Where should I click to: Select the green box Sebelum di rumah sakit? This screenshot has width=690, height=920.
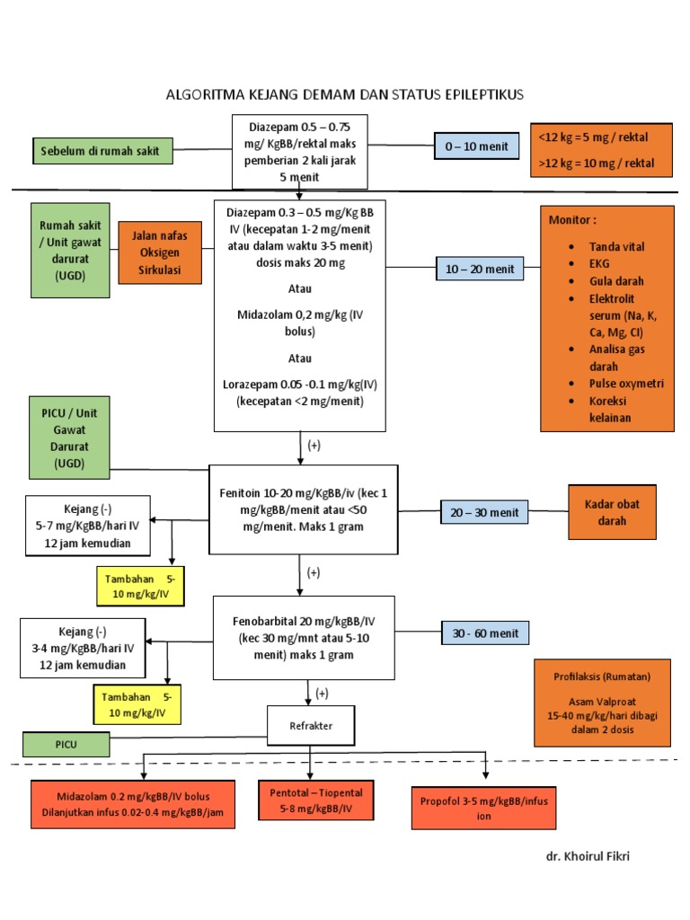100,151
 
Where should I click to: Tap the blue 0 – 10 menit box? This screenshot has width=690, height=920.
476,146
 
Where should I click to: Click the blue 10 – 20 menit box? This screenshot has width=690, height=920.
480,268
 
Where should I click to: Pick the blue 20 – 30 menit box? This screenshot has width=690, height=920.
485,512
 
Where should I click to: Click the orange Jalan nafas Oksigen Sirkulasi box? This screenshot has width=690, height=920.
159,252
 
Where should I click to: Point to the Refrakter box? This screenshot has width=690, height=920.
310,726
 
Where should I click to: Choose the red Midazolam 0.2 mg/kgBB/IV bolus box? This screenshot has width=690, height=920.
133,804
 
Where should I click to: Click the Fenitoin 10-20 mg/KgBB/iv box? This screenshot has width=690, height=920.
303,509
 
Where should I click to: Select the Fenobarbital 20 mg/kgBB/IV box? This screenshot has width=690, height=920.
303,639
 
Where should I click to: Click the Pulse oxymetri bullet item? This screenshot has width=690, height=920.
626,384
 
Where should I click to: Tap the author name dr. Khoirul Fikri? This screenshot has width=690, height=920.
588,856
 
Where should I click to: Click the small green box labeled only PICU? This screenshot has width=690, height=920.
66,744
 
